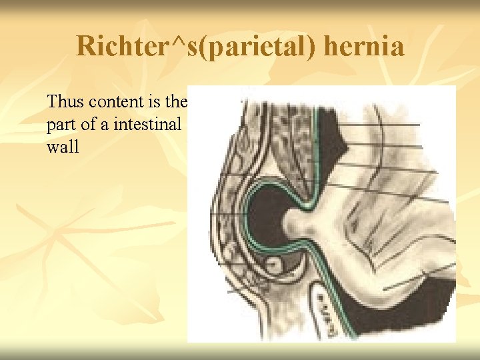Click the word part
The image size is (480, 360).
point(61,125)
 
